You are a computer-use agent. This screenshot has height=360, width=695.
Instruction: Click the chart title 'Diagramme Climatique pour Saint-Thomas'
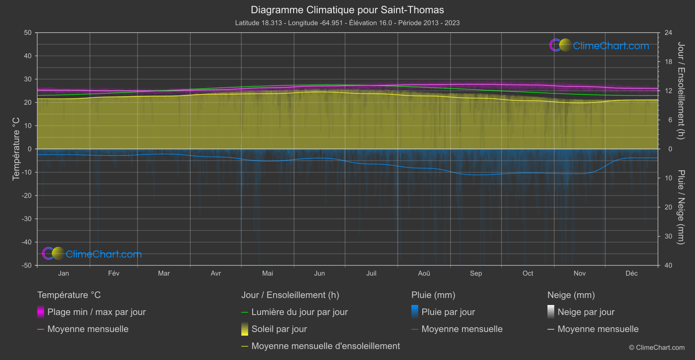pyautogui.click(x=347, y=10)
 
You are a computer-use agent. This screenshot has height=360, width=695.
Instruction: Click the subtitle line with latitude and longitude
pyautogui.click(x=347, y=23)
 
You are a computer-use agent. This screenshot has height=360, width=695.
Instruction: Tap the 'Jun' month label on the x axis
pyautogui.click(x=319, y=273)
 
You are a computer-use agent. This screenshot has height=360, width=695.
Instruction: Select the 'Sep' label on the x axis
pyautogui.click(x=476, y=273)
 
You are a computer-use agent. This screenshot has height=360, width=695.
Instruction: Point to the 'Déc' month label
pyautogui.click(x=631, y=273)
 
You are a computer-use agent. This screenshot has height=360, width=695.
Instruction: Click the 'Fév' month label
pyautogui.click(x=113, y=273)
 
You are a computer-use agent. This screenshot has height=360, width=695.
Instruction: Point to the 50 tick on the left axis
pyautogui.click(x=28, y=33)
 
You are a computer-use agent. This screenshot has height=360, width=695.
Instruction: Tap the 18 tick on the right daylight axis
pyautogui.click(x=668, y=62)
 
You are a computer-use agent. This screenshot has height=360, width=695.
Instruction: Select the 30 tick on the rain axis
pyautogui.click(x=668, y=237)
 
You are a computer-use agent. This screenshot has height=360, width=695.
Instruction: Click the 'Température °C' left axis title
pyautogui.click(x=16, y=148)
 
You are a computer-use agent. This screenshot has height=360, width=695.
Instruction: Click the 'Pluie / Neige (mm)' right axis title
pyautogui.click(x=681, y=207)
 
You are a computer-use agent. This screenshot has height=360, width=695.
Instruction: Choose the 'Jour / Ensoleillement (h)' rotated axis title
pyautogui.click(x=681, y=91)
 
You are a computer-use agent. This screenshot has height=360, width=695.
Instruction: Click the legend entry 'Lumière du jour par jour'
pyautogui.click(x=299, y=312)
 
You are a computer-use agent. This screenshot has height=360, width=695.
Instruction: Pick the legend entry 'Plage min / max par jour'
pyautogui.click(x=96, y=312)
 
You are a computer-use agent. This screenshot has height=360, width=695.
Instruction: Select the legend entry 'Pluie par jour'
pyautogui.click(x=448, y=312)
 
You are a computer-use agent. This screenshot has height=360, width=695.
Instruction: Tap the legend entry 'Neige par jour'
pyautogui.click(x=586, y=312)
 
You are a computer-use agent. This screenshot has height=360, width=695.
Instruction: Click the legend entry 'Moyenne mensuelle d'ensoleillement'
pyautogui.click(x=325, y=346)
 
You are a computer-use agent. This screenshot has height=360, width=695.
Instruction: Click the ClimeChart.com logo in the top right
pyautogui.click(x=599, y=45)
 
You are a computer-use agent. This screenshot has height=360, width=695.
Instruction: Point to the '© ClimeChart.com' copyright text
pyautogui.click(x=657, y=348)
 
